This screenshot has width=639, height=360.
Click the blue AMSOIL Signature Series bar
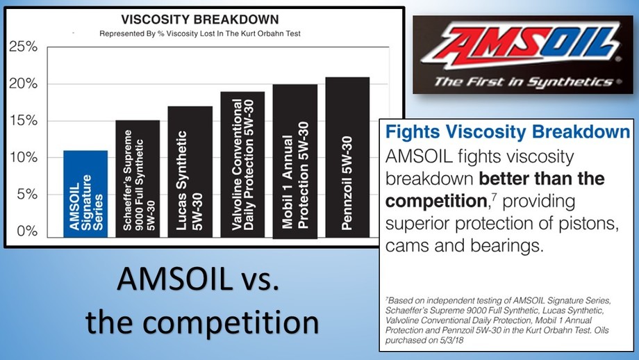pyautogui.click(x=85, y=194)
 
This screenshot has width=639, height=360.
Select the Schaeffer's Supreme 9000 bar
pyautogui.click(x=138, y=179)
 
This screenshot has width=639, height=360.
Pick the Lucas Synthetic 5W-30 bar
pyautogui.click(x=190, y=172)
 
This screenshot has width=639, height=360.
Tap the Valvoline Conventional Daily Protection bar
pyautogui.click(x=242, y=165)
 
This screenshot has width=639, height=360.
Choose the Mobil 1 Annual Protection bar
pyautogui.click(x=295, y=161)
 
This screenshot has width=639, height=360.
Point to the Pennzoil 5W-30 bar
pyautogui.click(x=347, y=157)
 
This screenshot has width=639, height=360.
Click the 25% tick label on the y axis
pyautogui.click(x=23, y=47)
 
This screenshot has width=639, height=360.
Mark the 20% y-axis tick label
pyautogui.click(x=23, y=83)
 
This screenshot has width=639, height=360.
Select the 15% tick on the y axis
pyautogui.click(x=23, y=121)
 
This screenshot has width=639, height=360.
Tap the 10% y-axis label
pyautogui.click(x=23, y=157)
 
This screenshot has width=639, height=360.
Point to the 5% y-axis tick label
pyautogui.click(x=27, y=194)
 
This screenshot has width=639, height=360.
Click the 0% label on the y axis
pyautogui.click(x=27, y=231)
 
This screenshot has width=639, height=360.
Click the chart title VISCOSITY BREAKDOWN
pyautogui.click(x=200, y=19)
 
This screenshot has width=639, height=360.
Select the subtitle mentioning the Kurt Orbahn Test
pyautogui.click(x=200, y=34)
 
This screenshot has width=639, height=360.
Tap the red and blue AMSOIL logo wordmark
pyautogui.click(x=520, y=44)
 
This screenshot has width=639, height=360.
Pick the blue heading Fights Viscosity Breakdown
pyautogui.click(x=508, y=132)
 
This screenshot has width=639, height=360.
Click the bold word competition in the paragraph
pyautogui.click(x=436, y=202)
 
